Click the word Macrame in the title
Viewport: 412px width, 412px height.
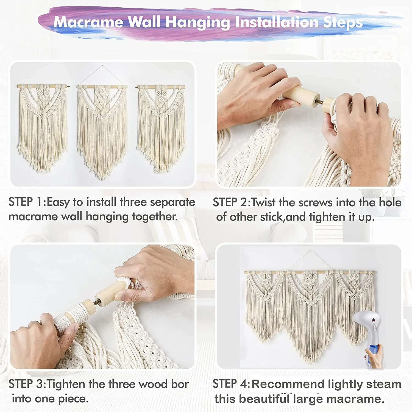click(88, 22)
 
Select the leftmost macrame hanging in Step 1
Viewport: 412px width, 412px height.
click(43, 126)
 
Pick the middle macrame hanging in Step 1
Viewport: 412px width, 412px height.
click(102, 129)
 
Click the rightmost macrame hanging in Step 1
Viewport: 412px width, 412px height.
click(161, 126)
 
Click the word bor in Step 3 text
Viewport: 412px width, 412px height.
click(180, 384)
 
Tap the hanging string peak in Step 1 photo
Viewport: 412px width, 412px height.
click(102, 66)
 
